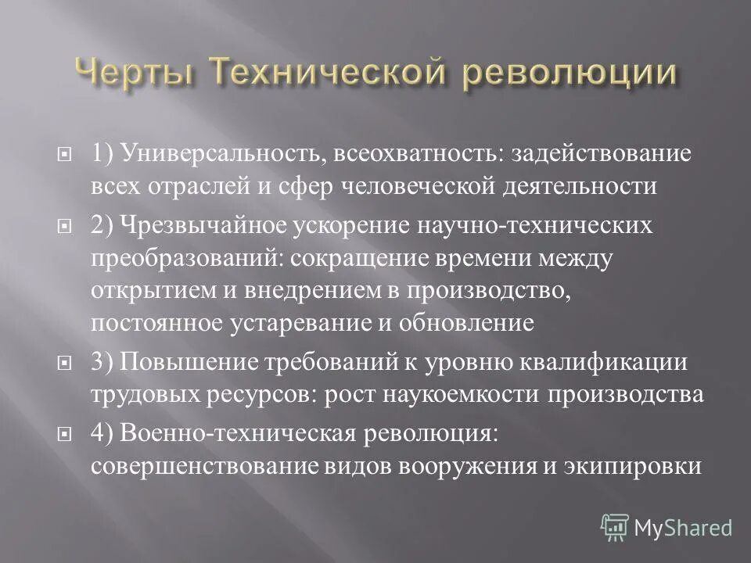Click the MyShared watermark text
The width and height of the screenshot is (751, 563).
[683, 527]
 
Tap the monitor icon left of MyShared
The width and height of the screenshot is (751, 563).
[614, 526]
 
